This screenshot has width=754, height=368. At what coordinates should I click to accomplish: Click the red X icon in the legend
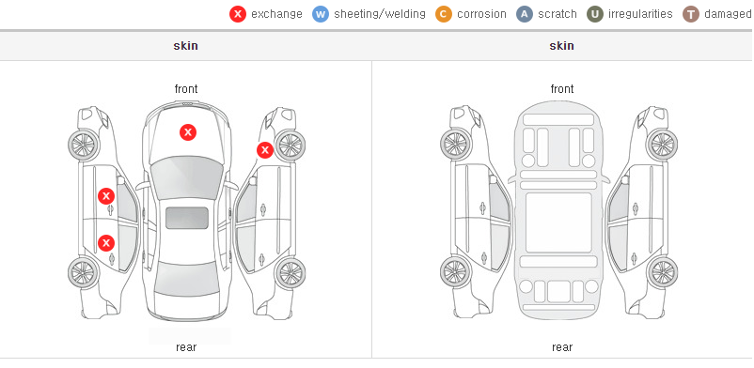click(x=238, y=14)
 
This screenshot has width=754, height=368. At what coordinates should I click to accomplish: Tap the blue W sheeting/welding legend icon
click(x=321, y=14)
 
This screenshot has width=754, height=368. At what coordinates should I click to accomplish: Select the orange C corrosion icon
click(x=444, y=14)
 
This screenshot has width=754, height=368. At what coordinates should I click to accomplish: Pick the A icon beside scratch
click(x=525, y=14)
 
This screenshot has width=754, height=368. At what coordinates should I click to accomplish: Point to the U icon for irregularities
click(x=595, y=14)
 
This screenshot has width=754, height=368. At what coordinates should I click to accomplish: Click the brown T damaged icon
click(x=690, y=14)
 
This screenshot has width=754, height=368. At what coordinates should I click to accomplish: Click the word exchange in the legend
click(x=276, y=14)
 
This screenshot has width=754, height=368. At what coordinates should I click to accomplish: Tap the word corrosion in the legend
click(x=482, y=14)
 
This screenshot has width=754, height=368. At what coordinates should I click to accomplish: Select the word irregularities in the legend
click(x=640, y=14)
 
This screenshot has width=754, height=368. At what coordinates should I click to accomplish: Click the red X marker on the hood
click(x=188, y=132)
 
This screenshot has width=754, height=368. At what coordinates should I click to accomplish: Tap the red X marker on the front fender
click(x=264, y=150)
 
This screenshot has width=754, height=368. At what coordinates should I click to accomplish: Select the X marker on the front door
click(x=106, y=196)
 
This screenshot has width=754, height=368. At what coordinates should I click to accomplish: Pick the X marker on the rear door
click(x=106, y=242)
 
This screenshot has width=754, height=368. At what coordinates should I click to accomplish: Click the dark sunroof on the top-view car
click(x=187, y=218)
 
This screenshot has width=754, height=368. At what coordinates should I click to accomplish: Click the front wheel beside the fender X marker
click(x=290, y=146)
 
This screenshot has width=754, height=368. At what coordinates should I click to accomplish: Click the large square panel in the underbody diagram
click(x=558, y=222)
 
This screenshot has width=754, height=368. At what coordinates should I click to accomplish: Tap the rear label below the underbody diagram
click(x=562, y=347)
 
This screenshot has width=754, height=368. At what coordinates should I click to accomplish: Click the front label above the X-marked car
click(x=186, y=89)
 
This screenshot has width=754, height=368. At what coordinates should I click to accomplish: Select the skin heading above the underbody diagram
click(x=561, y=46)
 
